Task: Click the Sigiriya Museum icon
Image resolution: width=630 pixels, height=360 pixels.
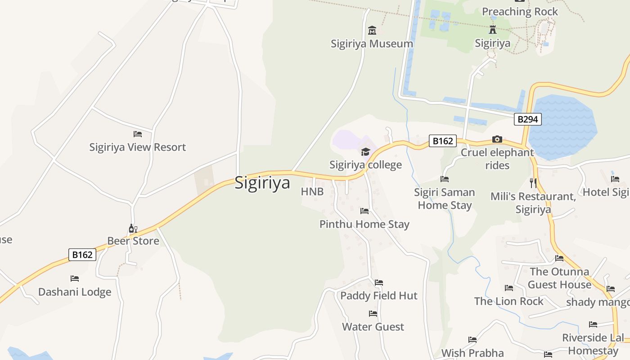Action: coord(372,31)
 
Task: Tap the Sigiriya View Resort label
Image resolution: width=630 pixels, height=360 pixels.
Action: coord(137,147)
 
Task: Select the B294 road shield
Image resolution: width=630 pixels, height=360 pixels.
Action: coord(528,119)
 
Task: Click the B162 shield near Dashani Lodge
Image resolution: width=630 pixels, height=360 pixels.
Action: coord(82,255)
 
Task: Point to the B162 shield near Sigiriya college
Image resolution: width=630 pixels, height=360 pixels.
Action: coord(442,141)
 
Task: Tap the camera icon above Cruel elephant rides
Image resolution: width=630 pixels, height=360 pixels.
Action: coord(497,139)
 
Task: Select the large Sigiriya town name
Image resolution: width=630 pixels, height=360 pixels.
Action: coord(262,183)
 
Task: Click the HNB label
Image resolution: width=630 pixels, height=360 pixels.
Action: coord(312,192)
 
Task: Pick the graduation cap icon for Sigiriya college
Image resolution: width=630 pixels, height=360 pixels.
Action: coord(365,152)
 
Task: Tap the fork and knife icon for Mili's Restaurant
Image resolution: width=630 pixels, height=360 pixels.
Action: coord(533,183)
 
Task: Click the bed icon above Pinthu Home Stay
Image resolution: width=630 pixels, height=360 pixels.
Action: coord(364,211)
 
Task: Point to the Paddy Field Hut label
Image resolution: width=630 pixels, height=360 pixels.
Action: coord(379,296)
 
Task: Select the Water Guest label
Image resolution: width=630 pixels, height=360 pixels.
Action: coord(373,327)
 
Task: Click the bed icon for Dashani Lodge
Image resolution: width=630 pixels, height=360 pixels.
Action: coord(75,279)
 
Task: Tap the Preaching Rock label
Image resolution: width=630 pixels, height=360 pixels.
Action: coord(520,12)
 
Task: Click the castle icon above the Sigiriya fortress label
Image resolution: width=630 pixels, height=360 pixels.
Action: coord(493,30)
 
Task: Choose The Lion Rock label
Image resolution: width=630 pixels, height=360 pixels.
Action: coord(508,301)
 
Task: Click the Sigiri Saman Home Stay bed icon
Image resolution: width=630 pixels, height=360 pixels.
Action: coord(445,179)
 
